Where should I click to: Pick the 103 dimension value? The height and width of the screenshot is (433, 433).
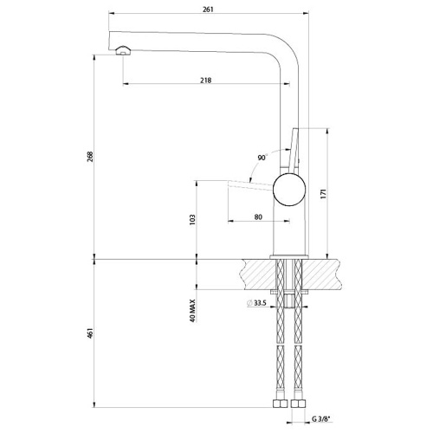[192, 220]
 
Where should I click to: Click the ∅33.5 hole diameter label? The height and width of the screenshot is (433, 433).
[255, 302]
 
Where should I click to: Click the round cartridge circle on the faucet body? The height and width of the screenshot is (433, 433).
[289, 186]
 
